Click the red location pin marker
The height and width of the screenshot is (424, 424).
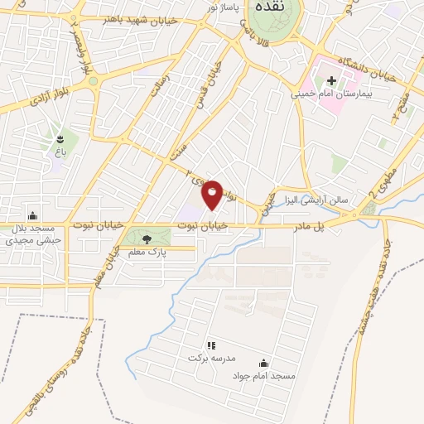tap(213, 194)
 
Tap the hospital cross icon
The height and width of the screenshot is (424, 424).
tap(332, 81)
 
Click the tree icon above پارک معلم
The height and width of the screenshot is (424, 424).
tap(147, 239)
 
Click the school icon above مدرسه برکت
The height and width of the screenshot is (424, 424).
tap(210, 344)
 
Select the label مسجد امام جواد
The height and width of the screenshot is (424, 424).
tap(264, 375)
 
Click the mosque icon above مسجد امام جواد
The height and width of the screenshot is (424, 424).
tap(264, 363)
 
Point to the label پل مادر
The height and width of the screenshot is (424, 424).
tap(306, 225)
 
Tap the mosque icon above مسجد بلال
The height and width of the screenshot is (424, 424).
tap(32, 214)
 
